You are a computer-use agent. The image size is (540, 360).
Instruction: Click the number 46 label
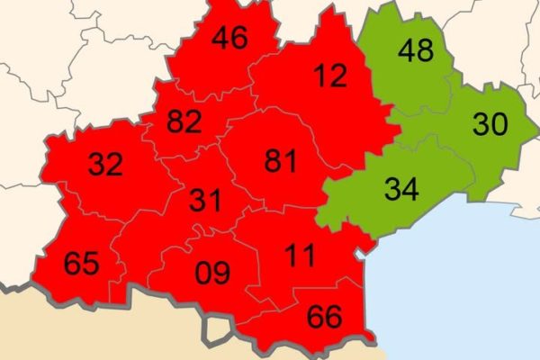(x=229, y=39)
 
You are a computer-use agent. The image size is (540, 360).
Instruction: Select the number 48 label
(x=415, y=50)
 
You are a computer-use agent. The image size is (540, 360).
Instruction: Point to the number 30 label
(x=490, y=124)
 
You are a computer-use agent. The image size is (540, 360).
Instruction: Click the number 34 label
(x=402, y=189)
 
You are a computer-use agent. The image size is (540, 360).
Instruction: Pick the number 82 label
(x=183, y=121)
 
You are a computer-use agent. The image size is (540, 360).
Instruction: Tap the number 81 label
(x=282, y=160)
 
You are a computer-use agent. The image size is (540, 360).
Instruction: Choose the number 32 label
(x=105, y=164)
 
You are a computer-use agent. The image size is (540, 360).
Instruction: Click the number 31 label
(x=206, y=200)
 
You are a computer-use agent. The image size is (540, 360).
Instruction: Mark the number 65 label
(x=81, y=265)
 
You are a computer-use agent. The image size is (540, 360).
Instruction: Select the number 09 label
(x=212, y=271)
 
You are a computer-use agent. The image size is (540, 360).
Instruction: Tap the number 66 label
(x=324, y=317)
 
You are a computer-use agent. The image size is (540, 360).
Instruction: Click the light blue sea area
(x=459, y=288)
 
